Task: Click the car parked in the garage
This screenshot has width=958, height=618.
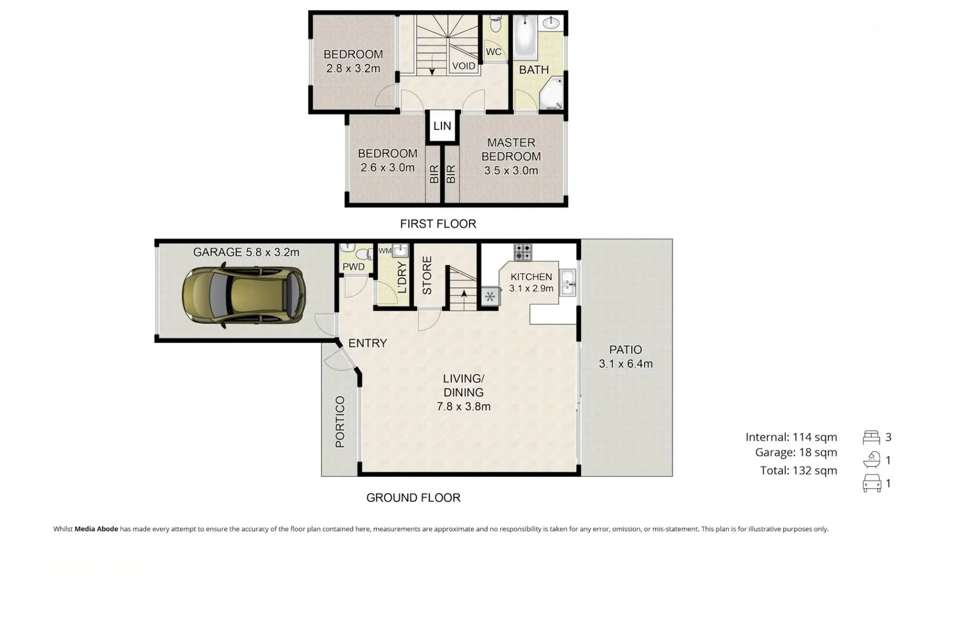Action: click(x=243, y=296)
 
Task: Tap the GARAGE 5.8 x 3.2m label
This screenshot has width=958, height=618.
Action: click(x=246, y=252)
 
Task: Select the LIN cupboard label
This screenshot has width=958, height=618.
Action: click(x=442, y=126)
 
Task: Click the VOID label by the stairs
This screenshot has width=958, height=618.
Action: click(x=463, y=66)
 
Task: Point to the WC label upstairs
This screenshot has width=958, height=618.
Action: click(x=493, y=52)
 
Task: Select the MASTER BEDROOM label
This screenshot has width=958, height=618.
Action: click(x=511, y=149)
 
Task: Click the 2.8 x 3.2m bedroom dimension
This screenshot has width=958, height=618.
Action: click(x=353, y=69)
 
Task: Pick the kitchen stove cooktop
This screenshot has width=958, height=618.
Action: click(x=523, y=252)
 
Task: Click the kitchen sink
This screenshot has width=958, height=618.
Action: click(x=568, y=282)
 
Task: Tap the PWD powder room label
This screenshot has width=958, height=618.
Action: click(x=353, y=267)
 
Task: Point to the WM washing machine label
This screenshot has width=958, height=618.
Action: click(x=385, y=251)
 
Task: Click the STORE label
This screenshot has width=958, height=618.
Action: click(x=427, y=275)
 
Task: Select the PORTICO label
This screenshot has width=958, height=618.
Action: click(x=340, y=422)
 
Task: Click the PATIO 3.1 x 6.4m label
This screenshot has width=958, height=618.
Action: click(x=625, y=357)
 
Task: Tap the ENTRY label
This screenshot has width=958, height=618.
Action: click(x=367, y=343)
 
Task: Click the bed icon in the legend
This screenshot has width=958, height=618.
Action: click(x=871, y=437)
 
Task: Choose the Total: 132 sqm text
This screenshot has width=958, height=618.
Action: click(x=798, y=470)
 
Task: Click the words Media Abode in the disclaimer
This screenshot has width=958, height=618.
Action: click(x=96, y=529)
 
